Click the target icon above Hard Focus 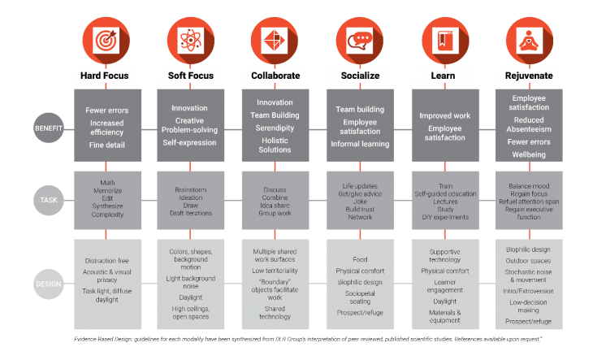104,39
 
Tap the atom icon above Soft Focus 189,39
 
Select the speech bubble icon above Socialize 357,39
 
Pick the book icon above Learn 443,39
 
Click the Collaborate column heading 275,76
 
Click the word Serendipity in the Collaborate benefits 275,128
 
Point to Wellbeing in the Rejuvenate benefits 529,153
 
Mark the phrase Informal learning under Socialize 358,144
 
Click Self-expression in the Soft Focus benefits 189,142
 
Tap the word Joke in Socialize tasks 358,201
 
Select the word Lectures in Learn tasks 443,201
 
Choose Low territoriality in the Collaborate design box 275,270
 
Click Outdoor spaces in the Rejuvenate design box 529,261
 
